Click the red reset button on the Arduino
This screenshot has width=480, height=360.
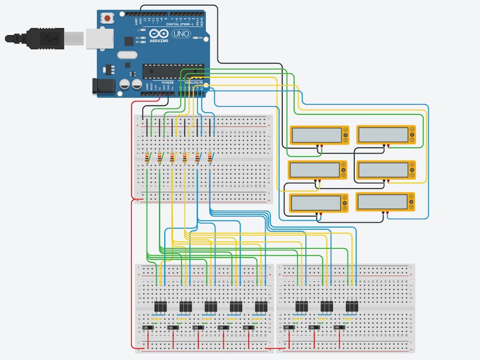coord(108,18)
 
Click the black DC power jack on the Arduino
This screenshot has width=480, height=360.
coord(101,87)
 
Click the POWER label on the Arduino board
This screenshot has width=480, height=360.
coord(167,83)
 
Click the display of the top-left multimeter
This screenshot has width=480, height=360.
coord(316,135)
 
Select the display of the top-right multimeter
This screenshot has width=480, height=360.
coord(382,134)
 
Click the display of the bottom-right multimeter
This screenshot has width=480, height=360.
coord(382,202)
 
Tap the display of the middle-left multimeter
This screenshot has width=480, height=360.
coord(315,170)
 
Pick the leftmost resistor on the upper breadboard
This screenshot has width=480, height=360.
coord(147,157)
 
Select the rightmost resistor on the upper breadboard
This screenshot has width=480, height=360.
coord(210,157)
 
